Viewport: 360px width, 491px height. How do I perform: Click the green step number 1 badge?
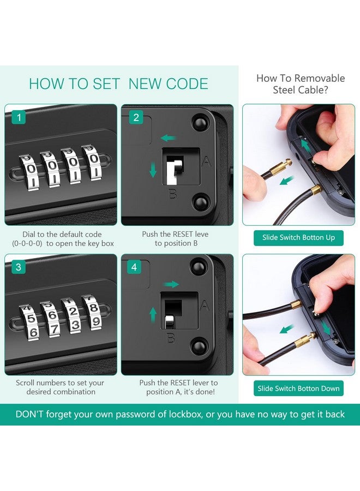coord(19,117)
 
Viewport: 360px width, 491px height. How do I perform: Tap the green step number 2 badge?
coord(136,117)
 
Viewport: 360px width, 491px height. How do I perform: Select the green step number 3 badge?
coord(19,267)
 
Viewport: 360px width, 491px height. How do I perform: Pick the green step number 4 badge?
coord(134,267)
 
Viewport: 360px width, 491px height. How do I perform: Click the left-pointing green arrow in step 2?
coord(169,137)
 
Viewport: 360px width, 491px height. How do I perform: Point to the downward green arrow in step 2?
coord(153,170)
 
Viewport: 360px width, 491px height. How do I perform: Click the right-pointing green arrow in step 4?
coord(172,284)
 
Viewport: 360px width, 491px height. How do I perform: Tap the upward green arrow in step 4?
coord(153,315)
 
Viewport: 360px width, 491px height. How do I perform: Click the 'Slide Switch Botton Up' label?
coord(299,238)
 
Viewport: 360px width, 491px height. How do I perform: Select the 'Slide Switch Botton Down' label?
coord(299,388)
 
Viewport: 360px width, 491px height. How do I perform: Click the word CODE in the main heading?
coord(187,84)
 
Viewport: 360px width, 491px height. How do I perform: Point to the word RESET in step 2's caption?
coord(183,234)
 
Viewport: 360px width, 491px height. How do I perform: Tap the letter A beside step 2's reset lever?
coord(206,161)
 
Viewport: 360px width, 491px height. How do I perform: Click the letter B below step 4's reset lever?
coord(171,338)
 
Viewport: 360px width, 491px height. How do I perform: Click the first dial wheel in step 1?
coord(29,172)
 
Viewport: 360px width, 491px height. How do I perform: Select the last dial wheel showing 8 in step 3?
coord(92,312)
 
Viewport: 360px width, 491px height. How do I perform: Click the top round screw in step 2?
coord(200,122)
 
